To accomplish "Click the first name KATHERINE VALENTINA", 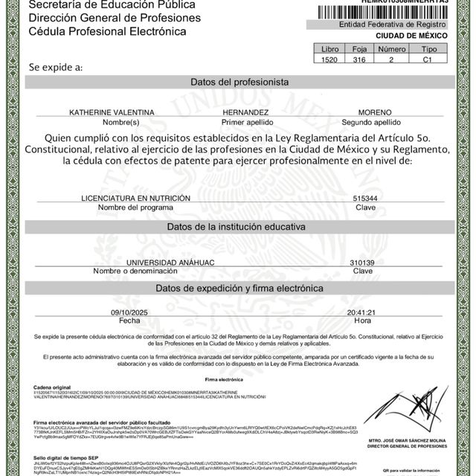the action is point(112,112).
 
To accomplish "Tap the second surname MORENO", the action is point(370,112).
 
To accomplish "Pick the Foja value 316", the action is point(358,59).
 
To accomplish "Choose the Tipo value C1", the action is point(427,59).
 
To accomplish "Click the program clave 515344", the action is point(364,199).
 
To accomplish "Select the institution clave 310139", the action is point(362,263).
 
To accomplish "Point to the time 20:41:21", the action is point(361,312).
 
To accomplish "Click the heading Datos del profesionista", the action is point(239,82).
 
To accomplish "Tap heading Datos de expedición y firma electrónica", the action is point(239,288).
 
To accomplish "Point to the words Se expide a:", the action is point(56,67).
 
